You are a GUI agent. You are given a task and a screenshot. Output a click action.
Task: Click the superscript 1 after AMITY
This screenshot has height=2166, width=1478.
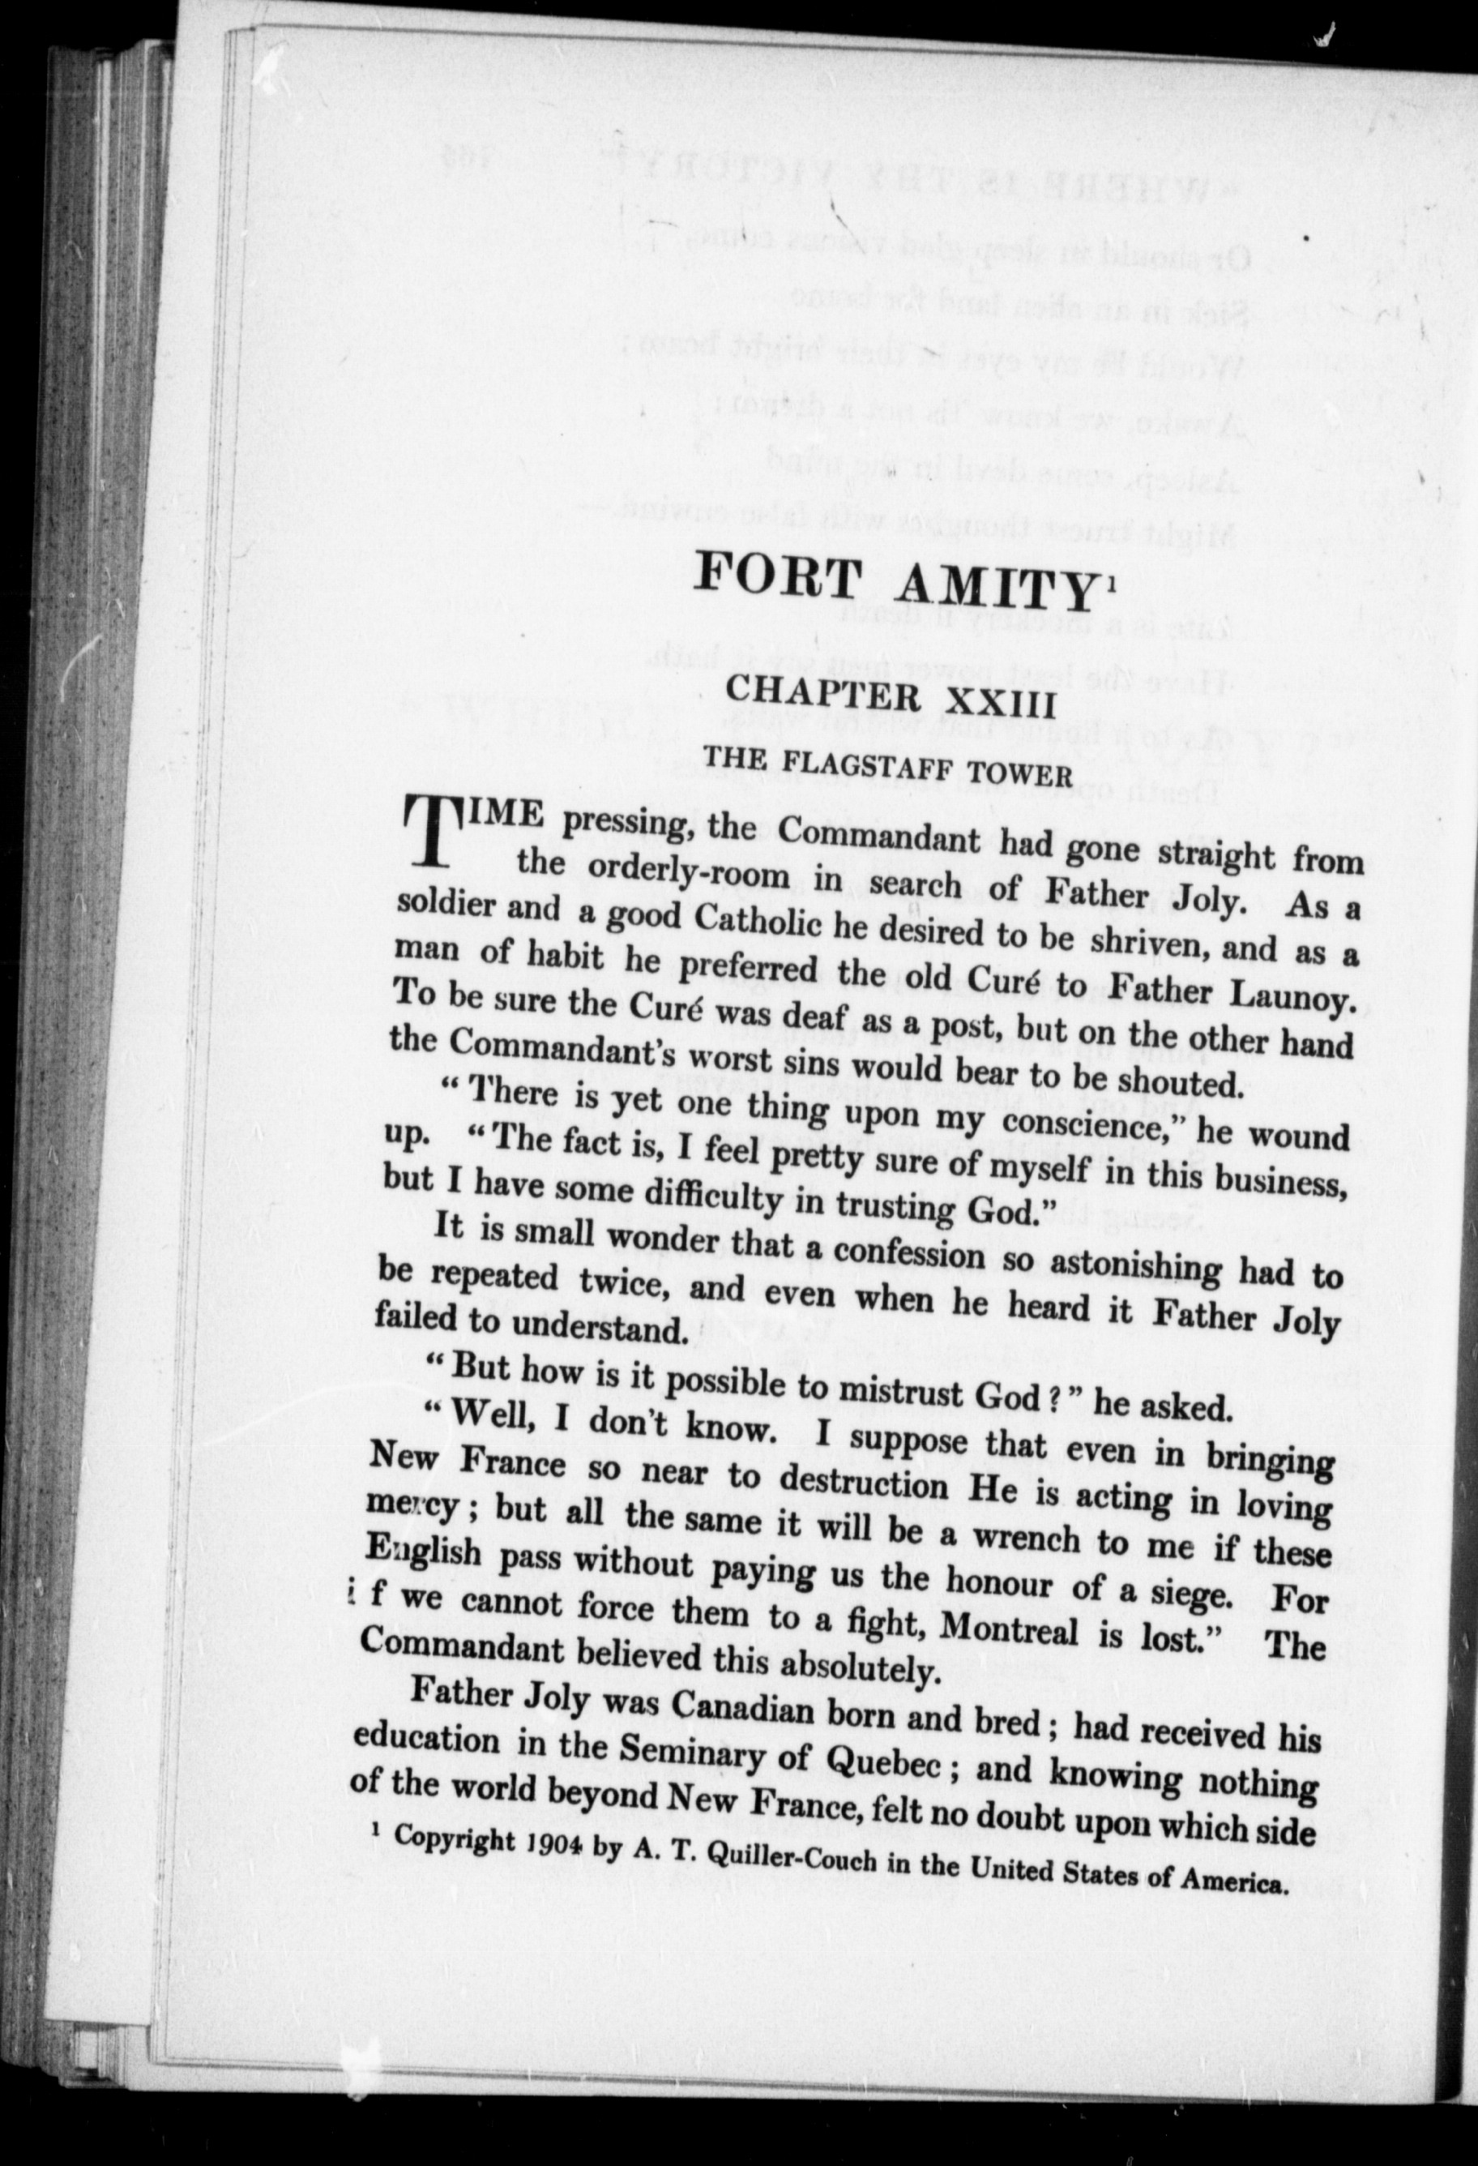[1108, 583]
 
